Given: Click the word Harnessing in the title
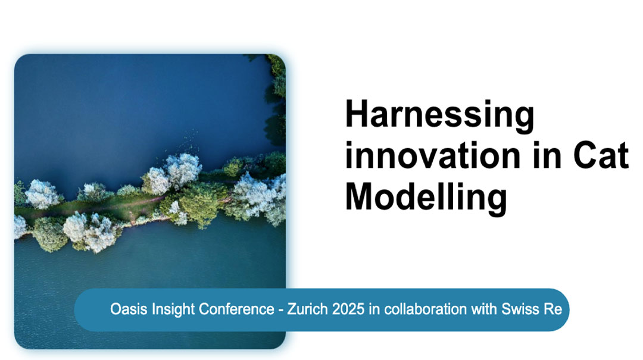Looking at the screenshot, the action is coord(439,117).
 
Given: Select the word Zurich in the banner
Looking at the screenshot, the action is coord(308,309).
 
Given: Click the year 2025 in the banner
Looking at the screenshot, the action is coord(348,309).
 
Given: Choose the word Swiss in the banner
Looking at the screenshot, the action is coord(520,309).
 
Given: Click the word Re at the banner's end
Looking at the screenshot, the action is coord(553,309).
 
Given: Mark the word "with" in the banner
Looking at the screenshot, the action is coord(484,309).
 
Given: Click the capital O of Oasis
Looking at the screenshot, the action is coord(116,309).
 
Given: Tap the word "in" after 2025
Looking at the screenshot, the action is coord(374,309).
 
